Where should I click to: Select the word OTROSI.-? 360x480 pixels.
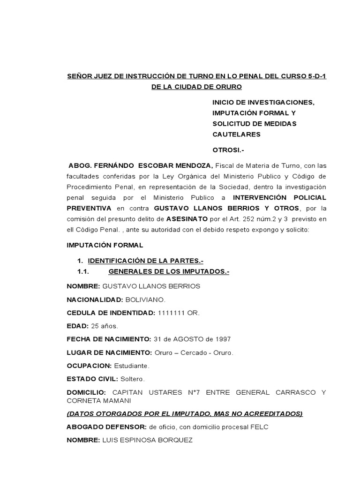tap(229, 150)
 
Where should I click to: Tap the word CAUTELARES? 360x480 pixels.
tap(236, 135)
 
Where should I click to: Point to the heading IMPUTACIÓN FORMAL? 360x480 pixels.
tap(105, 245)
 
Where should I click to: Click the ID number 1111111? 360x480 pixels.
tap(172, 313)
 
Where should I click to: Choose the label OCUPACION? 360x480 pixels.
tap(89, 366)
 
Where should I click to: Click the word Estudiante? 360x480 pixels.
tap(132, 366)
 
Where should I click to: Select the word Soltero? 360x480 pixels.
tap(133, 379)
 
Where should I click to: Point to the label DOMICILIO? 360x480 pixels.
tap(86, 392)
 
